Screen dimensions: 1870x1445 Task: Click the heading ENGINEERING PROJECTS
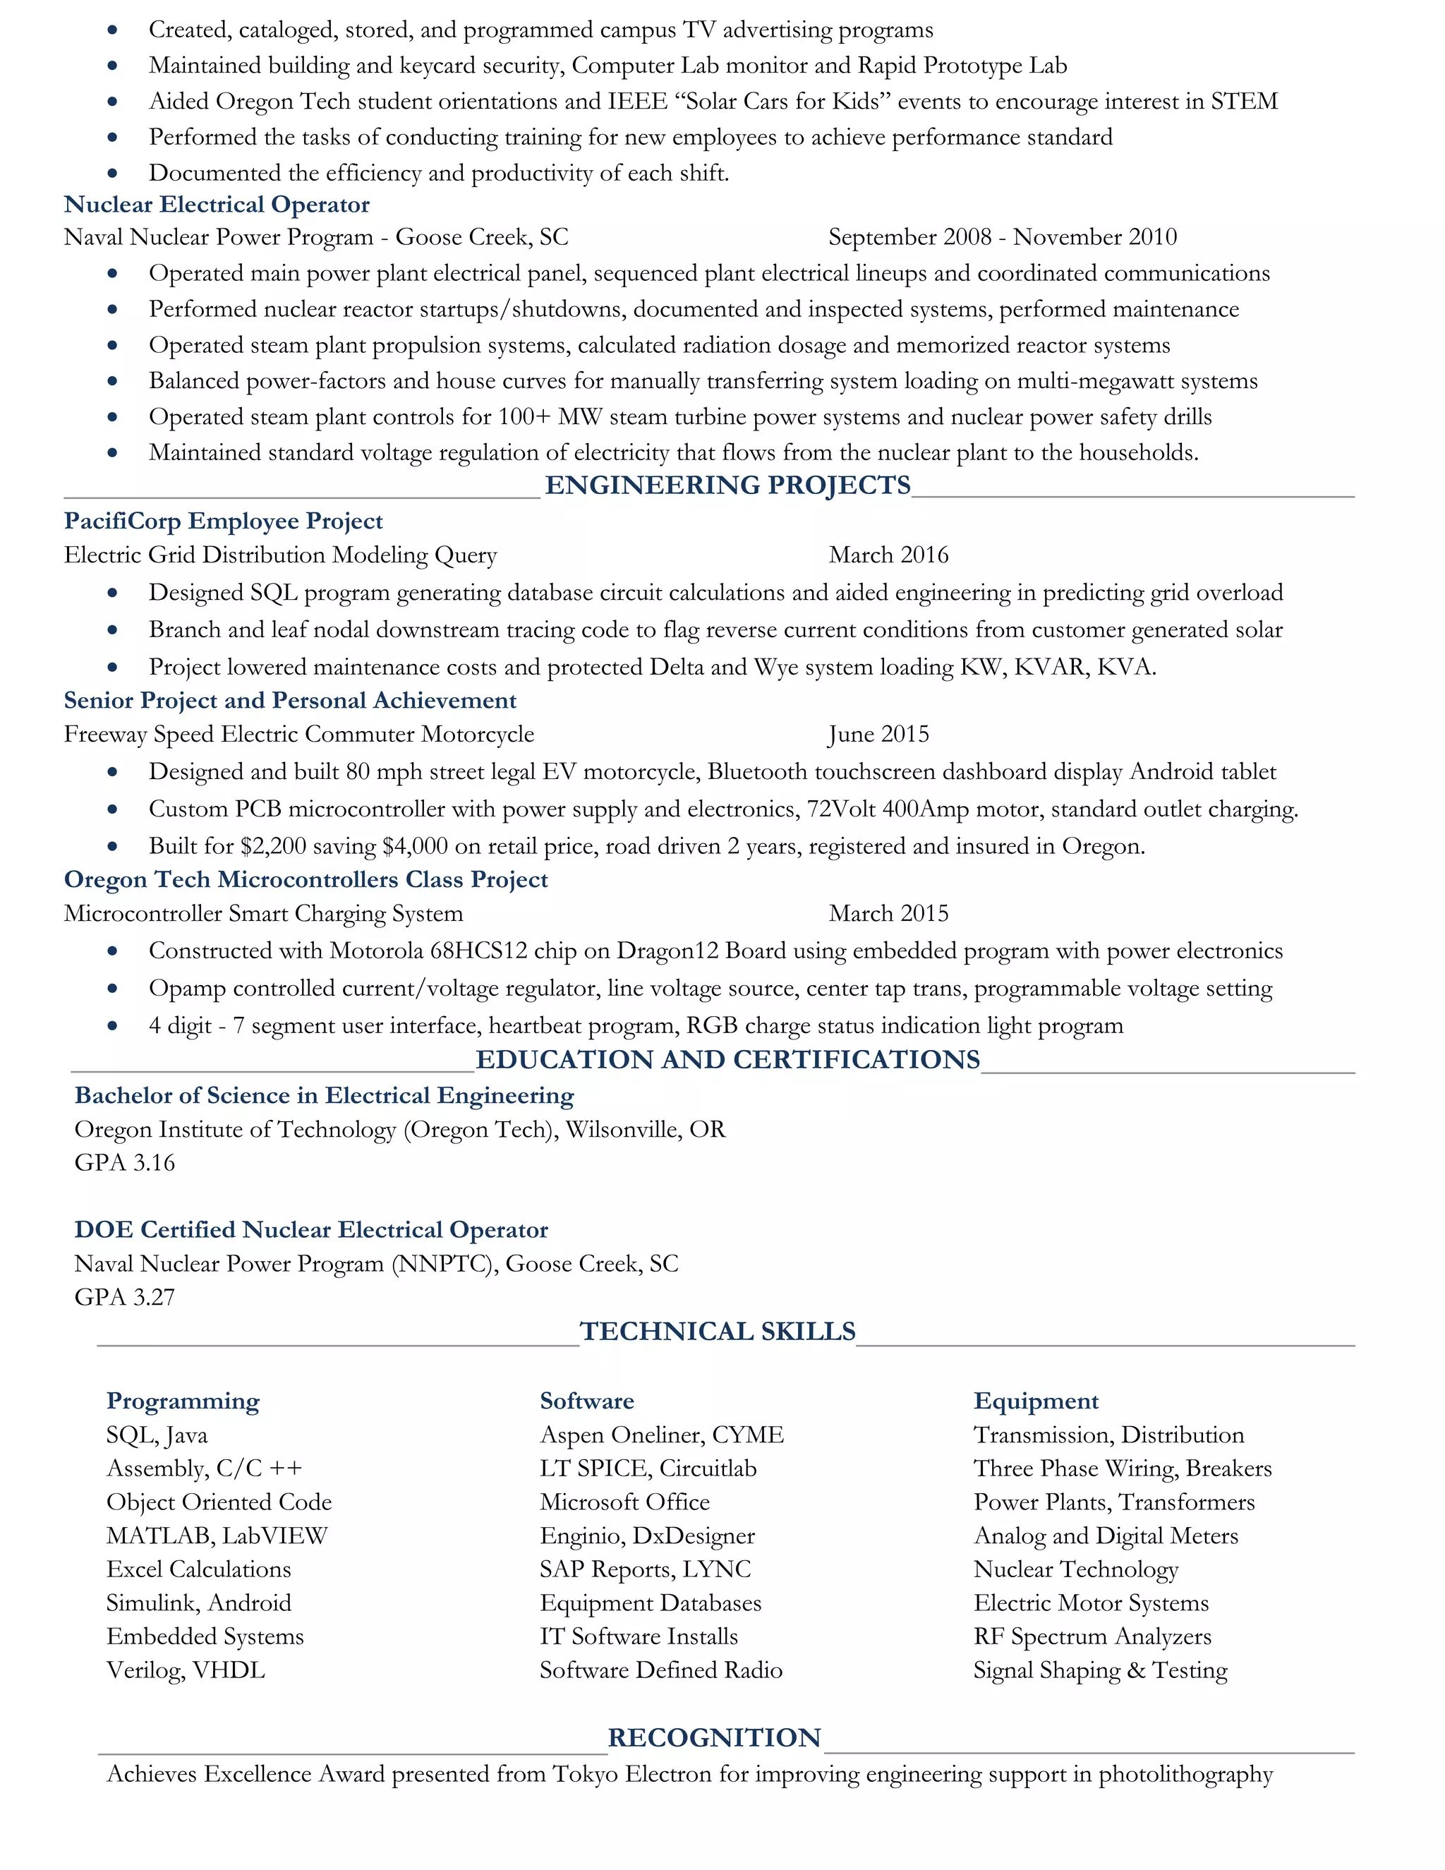[x=727, y=485]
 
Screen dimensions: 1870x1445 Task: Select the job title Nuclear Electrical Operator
[x=217, y=205]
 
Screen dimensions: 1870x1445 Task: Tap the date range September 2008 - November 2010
[x=1003, y=237]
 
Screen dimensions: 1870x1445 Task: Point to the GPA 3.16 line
[x=124, y=1163]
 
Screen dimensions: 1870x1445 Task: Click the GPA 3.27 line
[x=124, y=1297]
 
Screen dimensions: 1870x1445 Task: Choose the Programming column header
[x=182, y=1401]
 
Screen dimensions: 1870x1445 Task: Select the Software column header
[x=586, y=1401]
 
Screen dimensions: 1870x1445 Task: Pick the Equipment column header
[x=1036, y=1401]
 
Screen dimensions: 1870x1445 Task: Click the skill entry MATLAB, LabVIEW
[x=217, y=1536]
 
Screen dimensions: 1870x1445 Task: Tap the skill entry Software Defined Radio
[x=661, y=1670]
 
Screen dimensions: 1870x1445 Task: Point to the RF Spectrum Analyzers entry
[x=1092, y=1637]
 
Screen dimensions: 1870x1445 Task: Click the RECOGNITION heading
[x=714, y=1737]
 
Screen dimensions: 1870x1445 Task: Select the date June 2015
[x=878, y=735]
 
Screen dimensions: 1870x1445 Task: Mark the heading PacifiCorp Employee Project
[x=224, y=521]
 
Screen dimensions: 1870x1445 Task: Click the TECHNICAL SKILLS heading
[x=718, y=1332]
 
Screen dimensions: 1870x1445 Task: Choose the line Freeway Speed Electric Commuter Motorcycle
[x=298, y=735]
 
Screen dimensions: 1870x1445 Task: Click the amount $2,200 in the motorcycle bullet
[x=273, y=847]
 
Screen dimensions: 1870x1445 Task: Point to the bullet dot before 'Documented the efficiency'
[x=112, y=174]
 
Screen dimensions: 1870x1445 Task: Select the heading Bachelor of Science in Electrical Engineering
[x=325, y=1096]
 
